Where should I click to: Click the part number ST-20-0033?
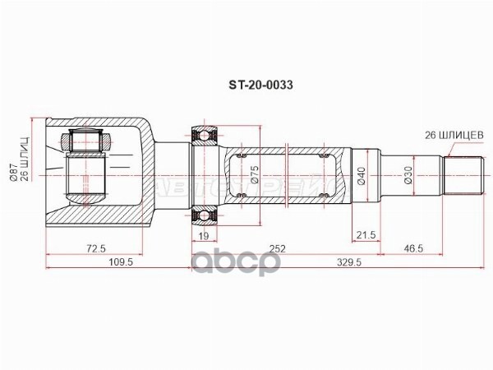262,84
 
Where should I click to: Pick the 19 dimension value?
203,236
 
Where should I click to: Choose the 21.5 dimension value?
366,236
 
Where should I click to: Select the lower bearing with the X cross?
204,215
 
